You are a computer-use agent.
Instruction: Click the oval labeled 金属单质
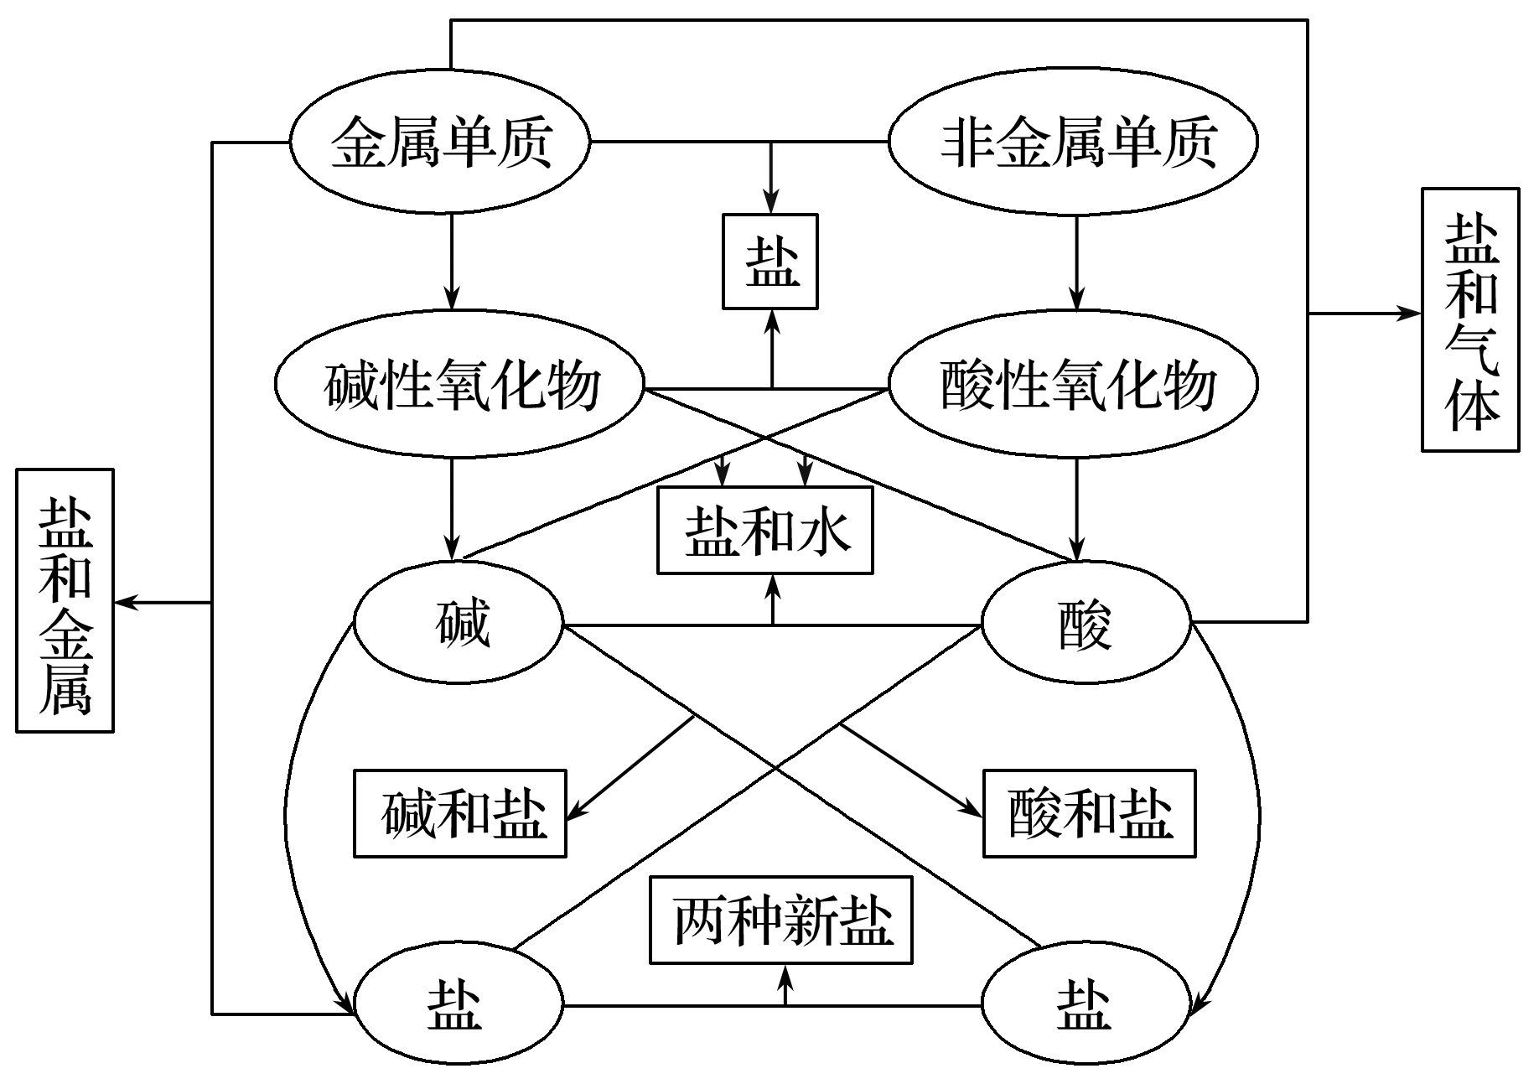(x=440, y=141)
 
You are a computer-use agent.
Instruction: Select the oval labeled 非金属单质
(x=1073, y=141)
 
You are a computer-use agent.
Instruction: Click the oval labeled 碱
(x=459, y=625)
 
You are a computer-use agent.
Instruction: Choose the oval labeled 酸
(x=1086, y=625)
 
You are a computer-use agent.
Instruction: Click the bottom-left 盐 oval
(x=459, y=1006)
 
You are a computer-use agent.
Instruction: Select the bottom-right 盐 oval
(x=1086, y=1006)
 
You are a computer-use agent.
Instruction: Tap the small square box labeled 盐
(x=770, y=262)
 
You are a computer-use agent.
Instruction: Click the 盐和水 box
(x=765, y=531)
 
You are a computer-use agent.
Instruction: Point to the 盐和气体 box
(x=1470, y=319)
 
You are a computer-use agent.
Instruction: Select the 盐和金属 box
(x=65, y=600)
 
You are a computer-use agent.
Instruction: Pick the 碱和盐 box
(x=460, y=813)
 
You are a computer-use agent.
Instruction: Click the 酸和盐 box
(x=1090, y=813)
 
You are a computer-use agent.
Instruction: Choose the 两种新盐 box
(x=781, y=921)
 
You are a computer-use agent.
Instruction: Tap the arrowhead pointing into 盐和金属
(x=124, y=602)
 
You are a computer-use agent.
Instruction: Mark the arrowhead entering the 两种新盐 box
(x=785, y=972)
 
